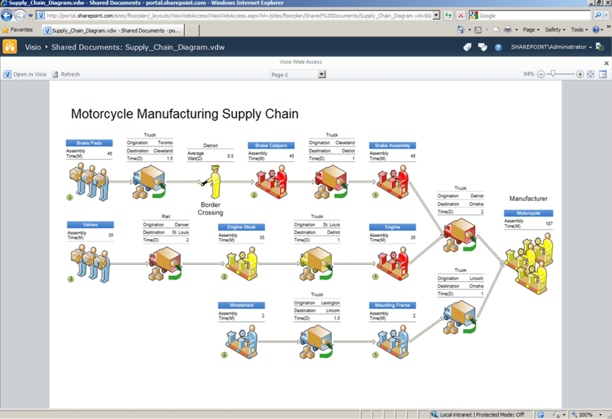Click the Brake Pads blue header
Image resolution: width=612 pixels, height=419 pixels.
point(89,143)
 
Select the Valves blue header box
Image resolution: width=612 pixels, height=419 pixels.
point(90,225)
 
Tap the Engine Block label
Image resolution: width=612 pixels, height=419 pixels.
point(241,227)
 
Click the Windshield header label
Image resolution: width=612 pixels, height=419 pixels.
point(241,305)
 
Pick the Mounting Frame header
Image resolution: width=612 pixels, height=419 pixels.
point(392,305)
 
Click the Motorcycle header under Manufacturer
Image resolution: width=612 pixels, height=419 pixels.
point(528,213)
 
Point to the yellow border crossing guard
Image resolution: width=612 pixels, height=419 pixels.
point(213,182)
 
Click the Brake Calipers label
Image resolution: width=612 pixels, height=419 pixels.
point(271,145)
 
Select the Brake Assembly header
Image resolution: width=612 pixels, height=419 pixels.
point(392,145)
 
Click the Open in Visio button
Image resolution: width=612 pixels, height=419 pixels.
point(26,74)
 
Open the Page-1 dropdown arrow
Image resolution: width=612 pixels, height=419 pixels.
point(322,74)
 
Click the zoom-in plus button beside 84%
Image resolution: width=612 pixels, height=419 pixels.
point(580,74)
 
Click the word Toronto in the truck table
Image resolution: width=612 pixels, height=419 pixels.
point(165,143)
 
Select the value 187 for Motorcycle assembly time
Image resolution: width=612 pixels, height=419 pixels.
point(549,223)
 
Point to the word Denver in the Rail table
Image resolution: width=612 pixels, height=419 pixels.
point(182,225)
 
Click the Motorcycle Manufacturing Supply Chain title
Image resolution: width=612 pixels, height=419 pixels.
point(185,114)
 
